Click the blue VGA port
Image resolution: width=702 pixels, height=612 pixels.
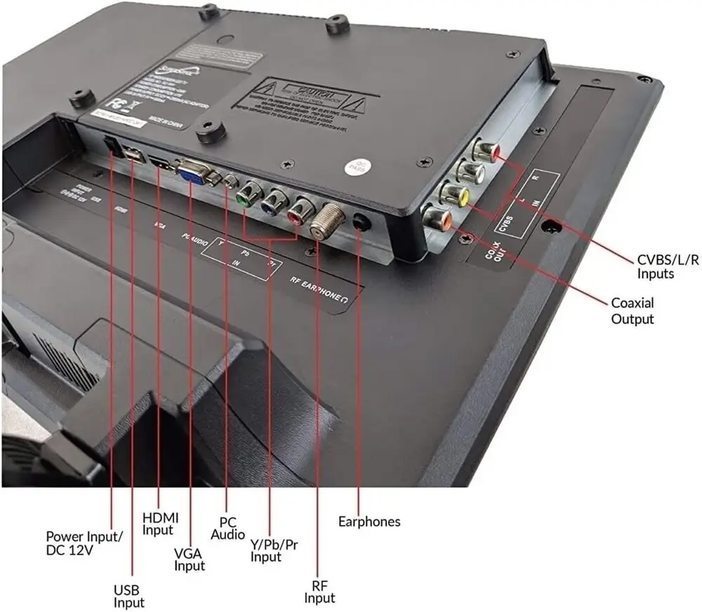tap(191, 171)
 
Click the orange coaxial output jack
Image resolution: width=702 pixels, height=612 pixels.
tap(438, 216)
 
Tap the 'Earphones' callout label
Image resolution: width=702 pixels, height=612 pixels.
tap(369, 521)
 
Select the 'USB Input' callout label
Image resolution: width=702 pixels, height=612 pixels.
tap(130, 596)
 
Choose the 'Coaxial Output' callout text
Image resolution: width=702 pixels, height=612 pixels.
tap(632, 311)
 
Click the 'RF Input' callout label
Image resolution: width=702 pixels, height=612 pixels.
tap(319, 590)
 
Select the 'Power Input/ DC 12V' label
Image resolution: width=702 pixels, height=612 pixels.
tap(84, 543)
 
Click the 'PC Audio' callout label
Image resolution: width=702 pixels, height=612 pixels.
tap(228, 528)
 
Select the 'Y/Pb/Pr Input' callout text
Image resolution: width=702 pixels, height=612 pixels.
tap(274, 550)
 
